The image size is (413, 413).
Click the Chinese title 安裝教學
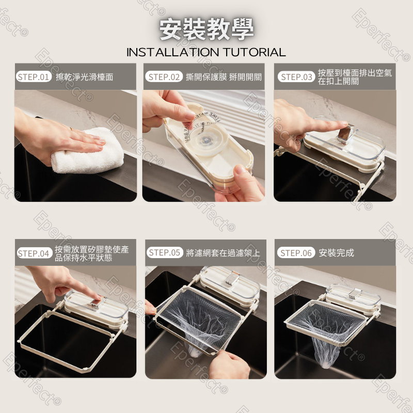[x=206, y=29]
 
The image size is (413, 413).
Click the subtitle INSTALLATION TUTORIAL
[x=206, y=52]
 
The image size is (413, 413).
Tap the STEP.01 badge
[x=34, y=77]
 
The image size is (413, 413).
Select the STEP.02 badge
[x=165, y=77]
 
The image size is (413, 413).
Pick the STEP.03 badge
[x=296, y=77]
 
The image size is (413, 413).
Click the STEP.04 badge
[x=34, y=253]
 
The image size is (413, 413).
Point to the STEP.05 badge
[x=165, y=252]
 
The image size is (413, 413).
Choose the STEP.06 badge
[x=296, y=252]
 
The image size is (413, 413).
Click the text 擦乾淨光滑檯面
[x=85, y=77]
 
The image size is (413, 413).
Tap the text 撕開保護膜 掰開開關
[x=224, y=77]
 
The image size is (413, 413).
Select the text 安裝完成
[x=337, y=252]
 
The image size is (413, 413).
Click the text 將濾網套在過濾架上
[x=223, y=252]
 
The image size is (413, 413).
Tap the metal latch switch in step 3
[x=343, y=135]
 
